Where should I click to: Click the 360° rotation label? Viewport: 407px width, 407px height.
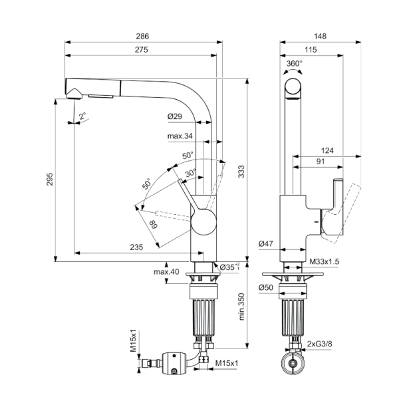click(294, 64)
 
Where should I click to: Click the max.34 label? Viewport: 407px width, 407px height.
click(180, 136)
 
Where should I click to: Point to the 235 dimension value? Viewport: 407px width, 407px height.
click(136, 247)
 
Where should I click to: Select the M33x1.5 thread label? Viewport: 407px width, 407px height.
click(325, 262)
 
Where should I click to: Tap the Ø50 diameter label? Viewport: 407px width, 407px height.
click(267, 288)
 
